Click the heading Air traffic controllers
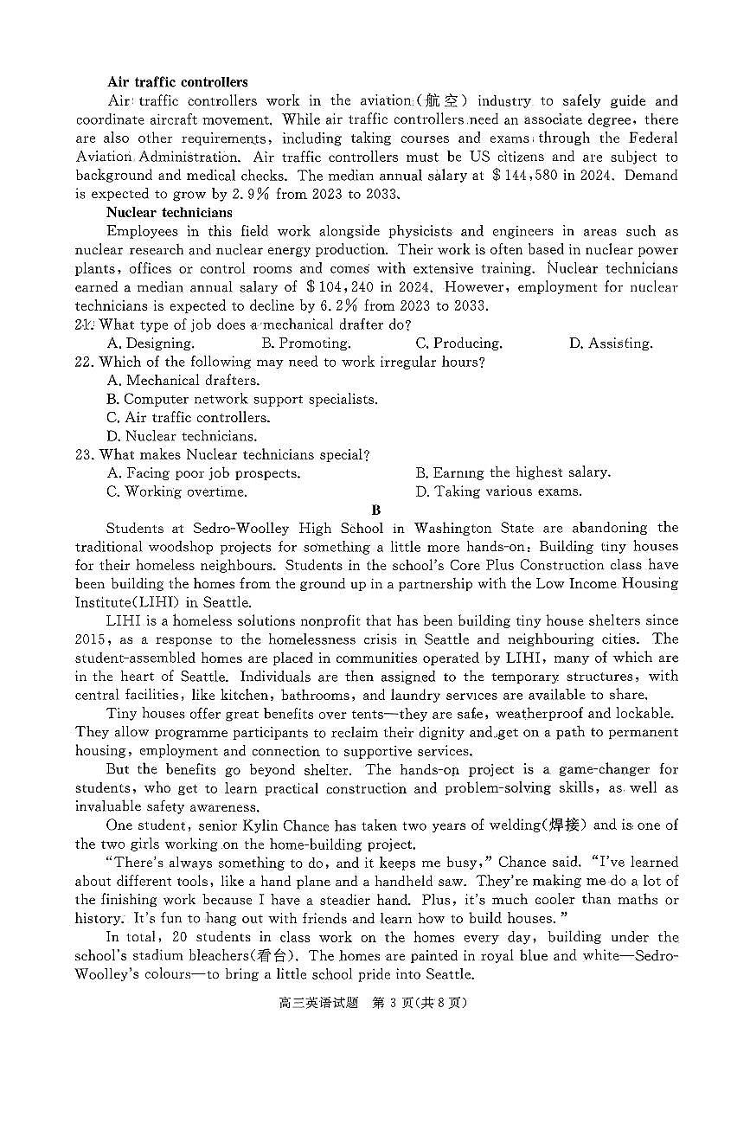[x=177, y=82]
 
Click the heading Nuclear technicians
[x=169, y=212]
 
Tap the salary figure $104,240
[x=344, y=287]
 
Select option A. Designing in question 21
[x=151, y=344]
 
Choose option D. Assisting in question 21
[x=610, y=344]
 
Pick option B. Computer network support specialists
[x=241, y=399]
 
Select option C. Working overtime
[x=176, y=491]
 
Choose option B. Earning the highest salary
[x=512, y=472]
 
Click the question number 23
[x=84, y=454]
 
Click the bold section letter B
[x=375, y=510]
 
